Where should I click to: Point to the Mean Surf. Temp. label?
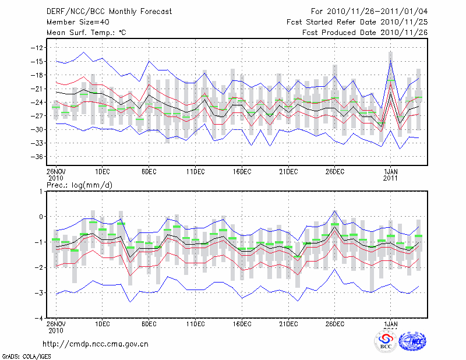pyautogui.click(x=86, y=32)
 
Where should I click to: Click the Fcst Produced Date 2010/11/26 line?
pyautogui.click(x=365, y=32)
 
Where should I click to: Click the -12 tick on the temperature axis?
pyautogui.click(x=38, y=48)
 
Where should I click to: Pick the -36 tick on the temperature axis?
pyautogui.click(x=38, y=157)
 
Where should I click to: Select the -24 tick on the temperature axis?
pyautogui.click(x=38, y=103)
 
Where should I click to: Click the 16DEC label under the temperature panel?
pyautogui.click(x=242, y=172)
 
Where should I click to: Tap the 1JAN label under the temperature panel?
pyautogui.click(x=390, y=172)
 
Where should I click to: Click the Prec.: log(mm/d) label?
pyautogui.click(x=80, y=185)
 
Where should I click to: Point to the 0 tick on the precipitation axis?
pyautogui.click(x=41, y=217)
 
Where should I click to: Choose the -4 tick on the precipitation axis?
pyautogui.click(x=39, y=318)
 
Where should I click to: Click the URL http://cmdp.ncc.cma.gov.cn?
pyautogui.click(x=96, y=344)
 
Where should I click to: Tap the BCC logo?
pyautogui.click(x=386, y=340)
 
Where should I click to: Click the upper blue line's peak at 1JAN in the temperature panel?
pyautogui.click(x=390, y=59)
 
